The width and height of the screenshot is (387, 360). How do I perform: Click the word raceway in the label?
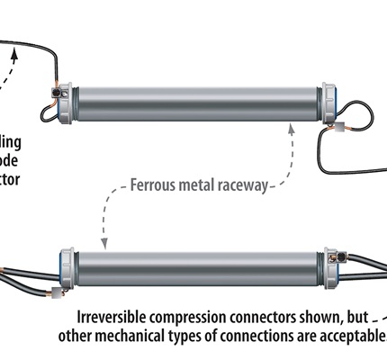242,187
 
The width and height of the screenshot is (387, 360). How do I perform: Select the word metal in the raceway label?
200,187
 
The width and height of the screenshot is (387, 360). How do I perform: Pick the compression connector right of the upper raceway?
342,131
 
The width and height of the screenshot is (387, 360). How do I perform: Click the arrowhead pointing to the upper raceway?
292,130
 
